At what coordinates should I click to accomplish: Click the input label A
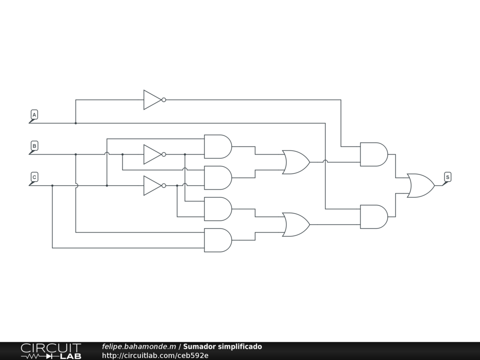(34, 115)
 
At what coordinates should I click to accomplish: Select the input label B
(34, 146)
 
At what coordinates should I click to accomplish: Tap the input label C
(34, 177)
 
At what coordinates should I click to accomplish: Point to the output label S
(448, 177)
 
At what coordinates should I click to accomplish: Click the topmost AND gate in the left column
(217, 147)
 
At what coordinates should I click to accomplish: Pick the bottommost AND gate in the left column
(217, 240)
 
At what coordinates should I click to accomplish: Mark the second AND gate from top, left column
(217, 178)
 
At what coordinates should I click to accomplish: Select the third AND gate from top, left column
(217, 209)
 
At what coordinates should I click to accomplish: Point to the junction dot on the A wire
(75, 123)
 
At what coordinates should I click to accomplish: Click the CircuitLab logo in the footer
(51, 351)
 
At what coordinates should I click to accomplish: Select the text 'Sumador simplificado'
(222, 347)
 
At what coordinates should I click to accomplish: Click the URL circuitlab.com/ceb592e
(155, 355)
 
